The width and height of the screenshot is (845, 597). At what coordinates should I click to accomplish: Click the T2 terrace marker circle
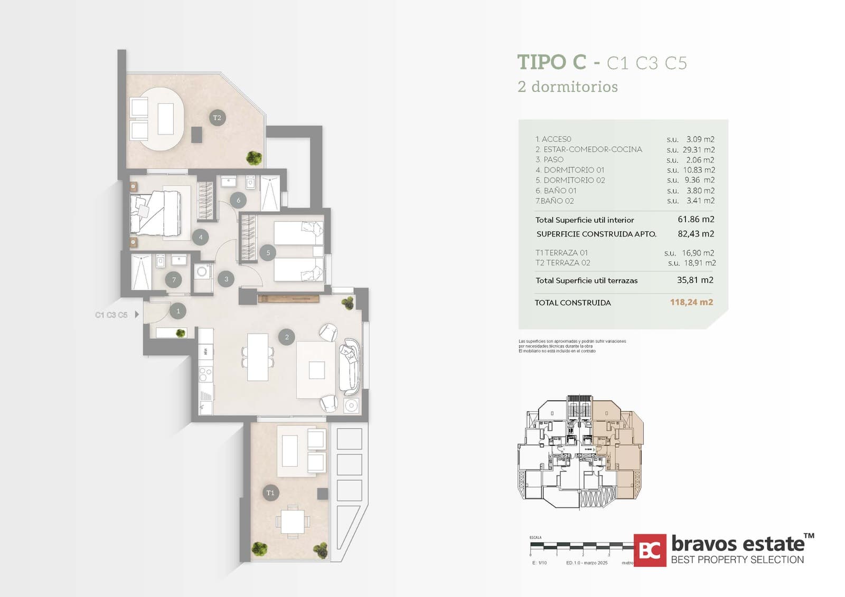click(217, 118)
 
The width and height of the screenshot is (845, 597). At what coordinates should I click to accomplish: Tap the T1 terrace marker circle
click(270, 493)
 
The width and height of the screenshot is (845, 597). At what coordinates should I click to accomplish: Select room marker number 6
click(238, 200)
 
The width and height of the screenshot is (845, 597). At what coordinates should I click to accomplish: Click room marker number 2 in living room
click(287, 337)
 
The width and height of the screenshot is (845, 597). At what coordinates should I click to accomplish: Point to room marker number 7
click(174, 280)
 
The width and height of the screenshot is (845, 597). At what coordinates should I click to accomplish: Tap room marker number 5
click(268, 253)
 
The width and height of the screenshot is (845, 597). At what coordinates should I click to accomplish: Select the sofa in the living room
click(349, 366)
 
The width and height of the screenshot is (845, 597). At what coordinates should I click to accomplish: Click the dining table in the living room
click(258, 357)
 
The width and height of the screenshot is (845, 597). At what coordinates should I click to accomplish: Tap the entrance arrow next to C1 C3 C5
click(137, 315)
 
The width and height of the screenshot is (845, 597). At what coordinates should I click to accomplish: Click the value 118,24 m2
click(691, 302)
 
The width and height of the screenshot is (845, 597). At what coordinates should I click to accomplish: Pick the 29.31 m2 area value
click(698, 150)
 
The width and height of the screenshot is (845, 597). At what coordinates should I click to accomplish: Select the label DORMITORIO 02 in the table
click(574, 181)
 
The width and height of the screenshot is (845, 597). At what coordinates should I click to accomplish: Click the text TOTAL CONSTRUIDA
click(572, 303)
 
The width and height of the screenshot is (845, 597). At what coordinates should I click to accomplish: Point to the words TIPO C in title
click(551, 62)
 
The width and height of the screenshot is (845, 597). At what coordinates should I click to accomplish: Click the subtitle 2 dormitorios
click(568, 87)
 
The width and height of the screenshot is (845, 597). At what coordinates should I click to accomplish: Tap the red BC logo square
click(650, 550)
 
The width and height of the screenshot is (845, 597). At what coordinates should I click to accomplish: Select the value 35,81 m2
click(695, 280)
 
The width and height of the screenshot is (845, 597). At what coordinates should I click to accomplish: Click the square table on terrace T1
click(293, 522)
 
